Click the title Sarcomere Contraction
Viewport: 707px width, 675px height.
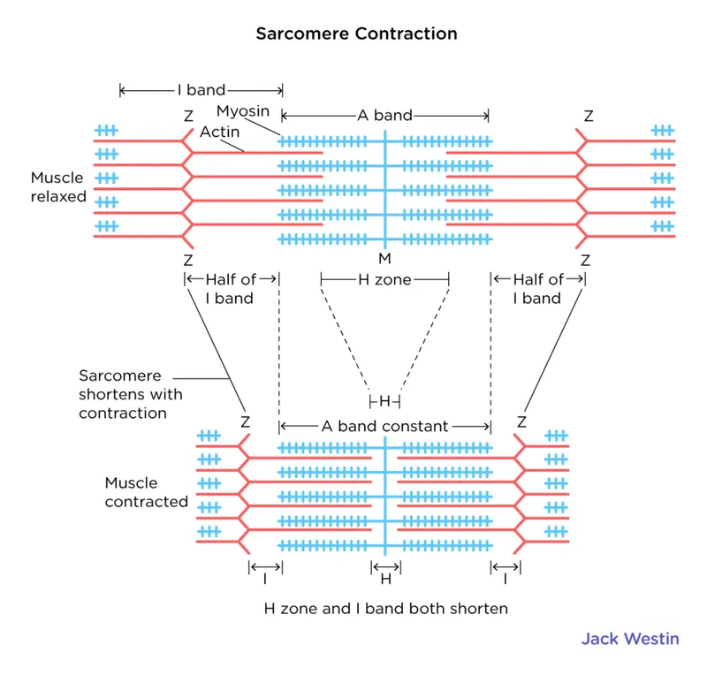pyautogui.click(x=356, y=34)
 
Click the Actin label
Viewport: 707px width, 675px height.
pyautogui.click(x=218, y=132)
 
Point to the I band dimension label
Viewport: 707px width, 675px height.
pyautogui.click(x=201, y=90)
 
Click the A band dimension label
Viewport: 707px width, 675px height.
pyautogui.click(x=384, y=115)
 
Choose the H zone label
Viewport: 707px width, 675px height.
pyautogui.click(x=384, y=279)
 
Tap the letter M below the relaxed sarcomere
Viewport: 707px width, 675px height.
pyautogui.click(x=384, y=259)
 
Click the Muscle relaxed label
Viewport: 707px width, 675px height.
pyautogui.click(x=58, y=186)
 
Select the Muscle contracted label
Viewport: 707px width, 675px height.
pyautogui.click(x=146, y=492)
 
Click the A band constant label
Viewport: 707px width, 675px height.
pyautogui.click(x=384, y=426)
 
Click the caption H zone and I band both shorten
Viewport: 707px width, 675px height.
pyautogui.click(x=386, y=609)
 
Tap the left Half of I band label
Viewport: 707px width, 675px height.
pyautogui.click(x=230, y=289)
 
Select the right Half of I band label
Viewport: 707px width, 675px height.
pyautogui.click(x=538, y=289)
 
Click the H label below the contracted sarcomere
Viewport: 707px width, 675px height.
pyautogui.click(x=385, y=580)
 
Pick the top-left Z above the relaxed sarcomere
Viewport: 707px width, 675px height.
pyautogui.click(x=187, y=116)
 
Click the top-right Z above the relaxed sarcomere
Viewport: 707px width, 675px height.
pyautogui.click(x=589, y=116)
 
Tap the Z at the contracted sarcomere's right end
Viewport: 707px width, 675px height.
pyautogui.click(x=521, y=422)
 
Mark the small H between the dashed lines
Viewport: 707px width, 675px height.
pyautogui.click(x=384, y=401)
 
